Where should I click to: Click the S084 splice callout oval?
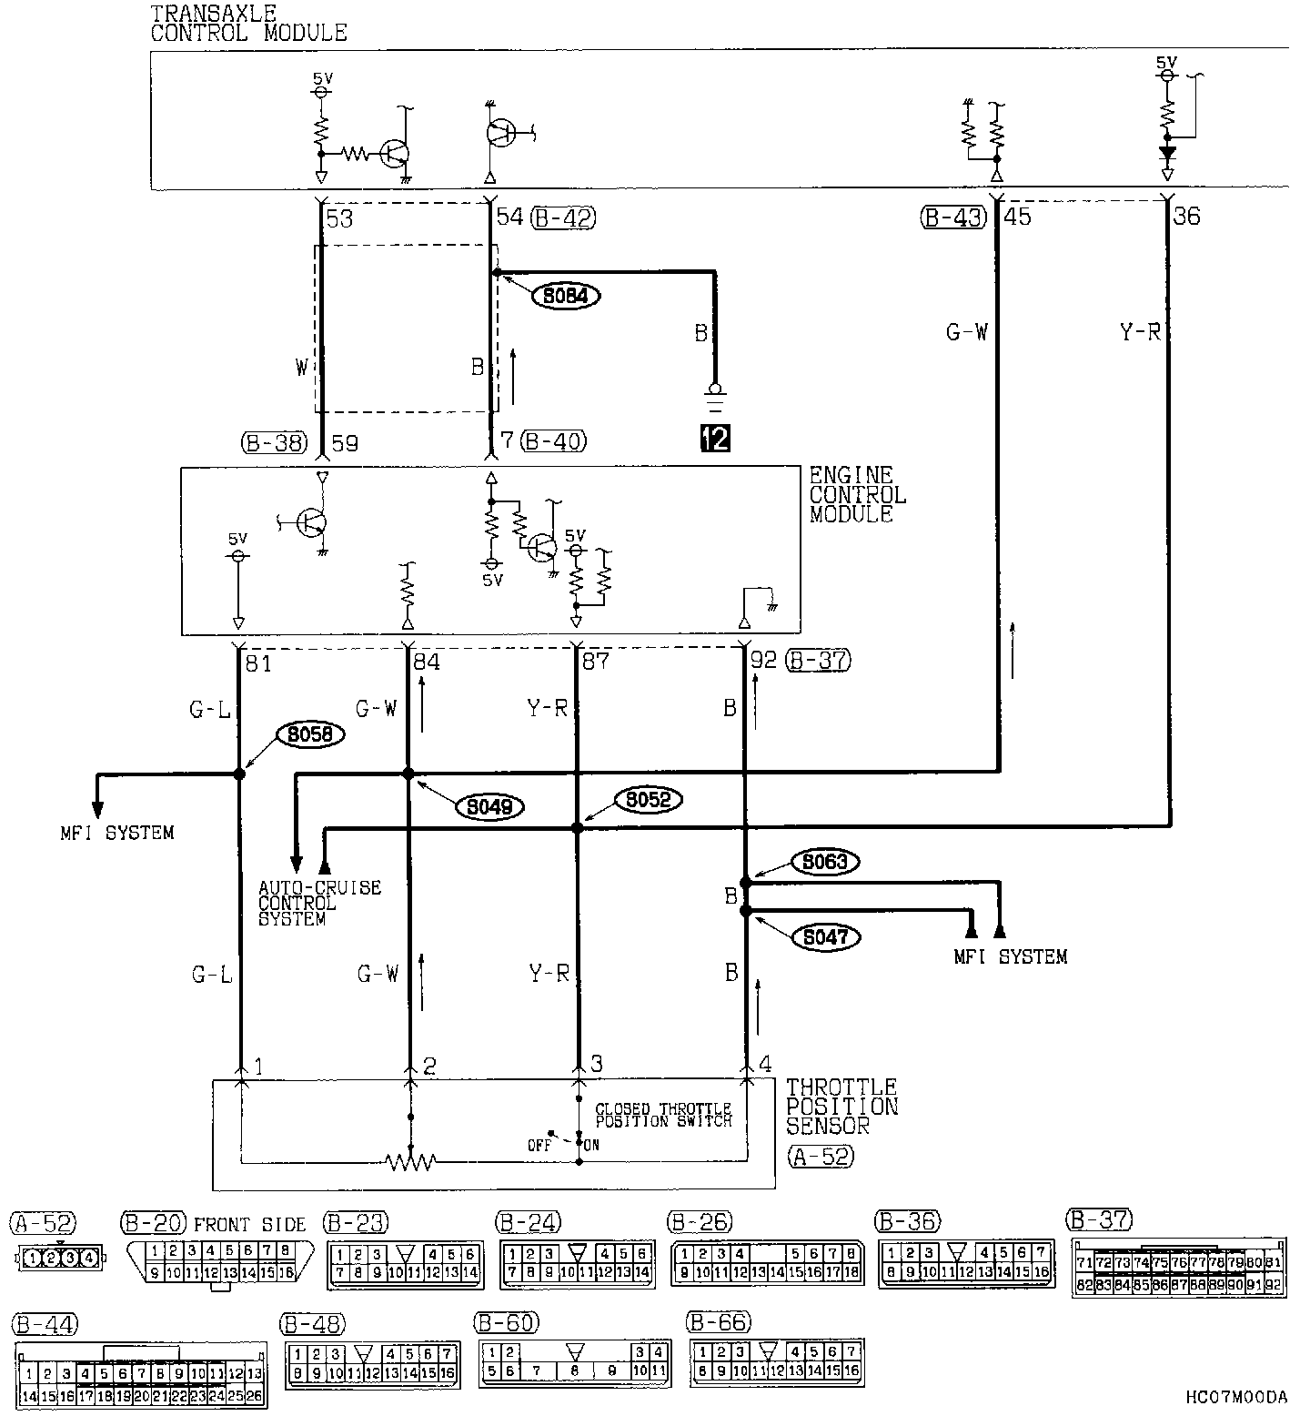567,296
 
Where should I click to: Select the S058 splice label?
310,735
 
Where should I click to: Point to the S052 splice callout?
648,800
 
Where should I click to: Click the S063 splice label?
825,861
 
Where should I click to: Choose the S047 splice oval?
825,936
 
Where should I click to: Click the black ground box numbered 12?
715,438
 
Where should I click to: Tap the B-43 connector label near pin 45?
953,217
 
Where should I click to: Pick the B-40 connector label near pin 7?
554,442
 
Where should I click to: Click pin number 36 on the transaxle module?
1186,217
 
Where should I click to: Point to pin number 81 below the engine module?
258,663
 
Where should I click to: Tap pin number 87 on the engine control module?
595,662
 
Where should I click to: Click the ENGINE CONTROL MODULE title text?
857,494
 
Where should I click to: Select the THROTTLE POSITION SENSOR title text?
841,1106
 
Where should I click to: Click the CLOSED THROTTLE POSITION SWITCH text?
663,1115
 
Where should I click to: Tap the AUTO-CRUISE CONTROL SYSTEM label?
319,903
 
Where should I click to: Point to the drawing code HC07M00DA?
1237,1397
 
